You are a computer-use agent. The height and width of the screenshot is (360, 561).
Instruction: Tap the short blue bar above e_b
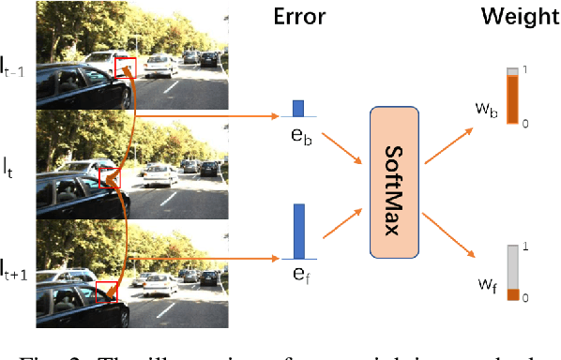click(298, 108)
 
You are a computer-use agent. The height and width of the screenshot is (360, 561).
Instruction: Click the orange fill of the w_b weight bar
click(513, 99)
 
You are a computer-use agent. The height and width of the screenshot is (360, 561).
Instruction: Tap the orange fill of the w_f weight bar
click(512, 294)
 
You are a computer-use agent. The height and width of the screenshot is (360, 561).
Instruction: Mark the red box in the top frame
click(125, 67)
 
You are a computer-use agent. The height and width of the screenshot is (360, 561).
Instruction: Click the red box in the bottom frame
click(107, 292)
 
